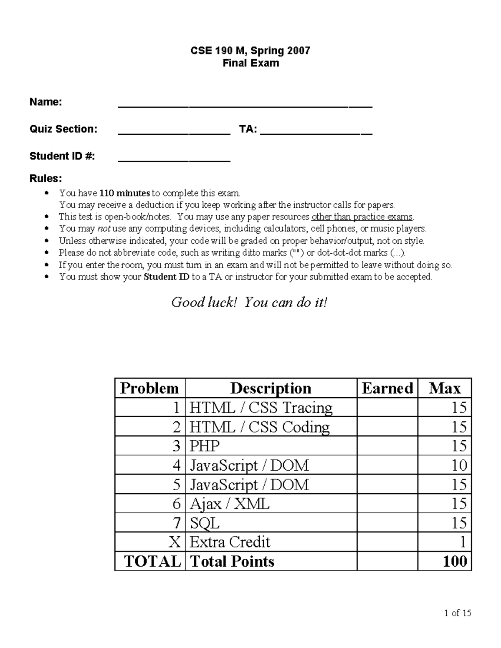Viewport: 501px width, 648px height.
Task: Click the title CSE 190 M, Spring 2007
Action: [250, 51]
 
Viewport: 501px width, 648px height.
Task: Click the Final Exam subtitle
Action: [250, 63]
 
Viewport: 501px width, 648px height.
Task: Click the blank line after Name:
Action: [245, 104]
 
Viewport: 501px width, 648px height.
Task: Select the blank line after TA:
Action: [316, 131]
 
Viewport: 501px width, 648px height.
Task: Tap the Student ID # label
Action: [62, 156]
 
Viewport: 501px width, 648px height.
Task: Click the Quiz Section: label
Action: [63, 129]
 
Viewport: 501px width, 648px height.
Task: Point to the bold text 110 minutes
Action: [124, 193]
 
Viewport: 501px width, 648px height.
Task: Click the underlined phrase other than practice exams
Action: [362, 217]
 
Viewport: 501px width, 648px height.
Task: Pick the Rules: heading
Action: [46, 179]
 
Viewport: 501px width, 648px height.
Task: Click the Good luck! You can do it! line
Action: [249, 302]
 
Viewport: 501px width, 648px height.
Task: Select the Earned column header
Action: [387, 388]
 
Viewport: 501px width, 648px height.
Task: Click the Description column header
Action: [271, 388]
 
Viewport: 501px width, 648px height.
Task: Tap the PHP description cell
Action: [205, 446]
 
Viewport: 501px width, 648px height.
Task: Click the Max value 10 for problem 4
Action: [459, 465]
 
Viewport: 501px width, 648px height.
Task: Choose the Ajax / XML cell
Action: [230, 504]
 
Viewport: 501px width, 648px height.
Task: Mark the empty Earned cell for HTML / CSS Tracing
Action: [387, 408]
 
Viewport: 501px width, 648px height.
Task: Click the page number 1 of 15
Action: [458, 613]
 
